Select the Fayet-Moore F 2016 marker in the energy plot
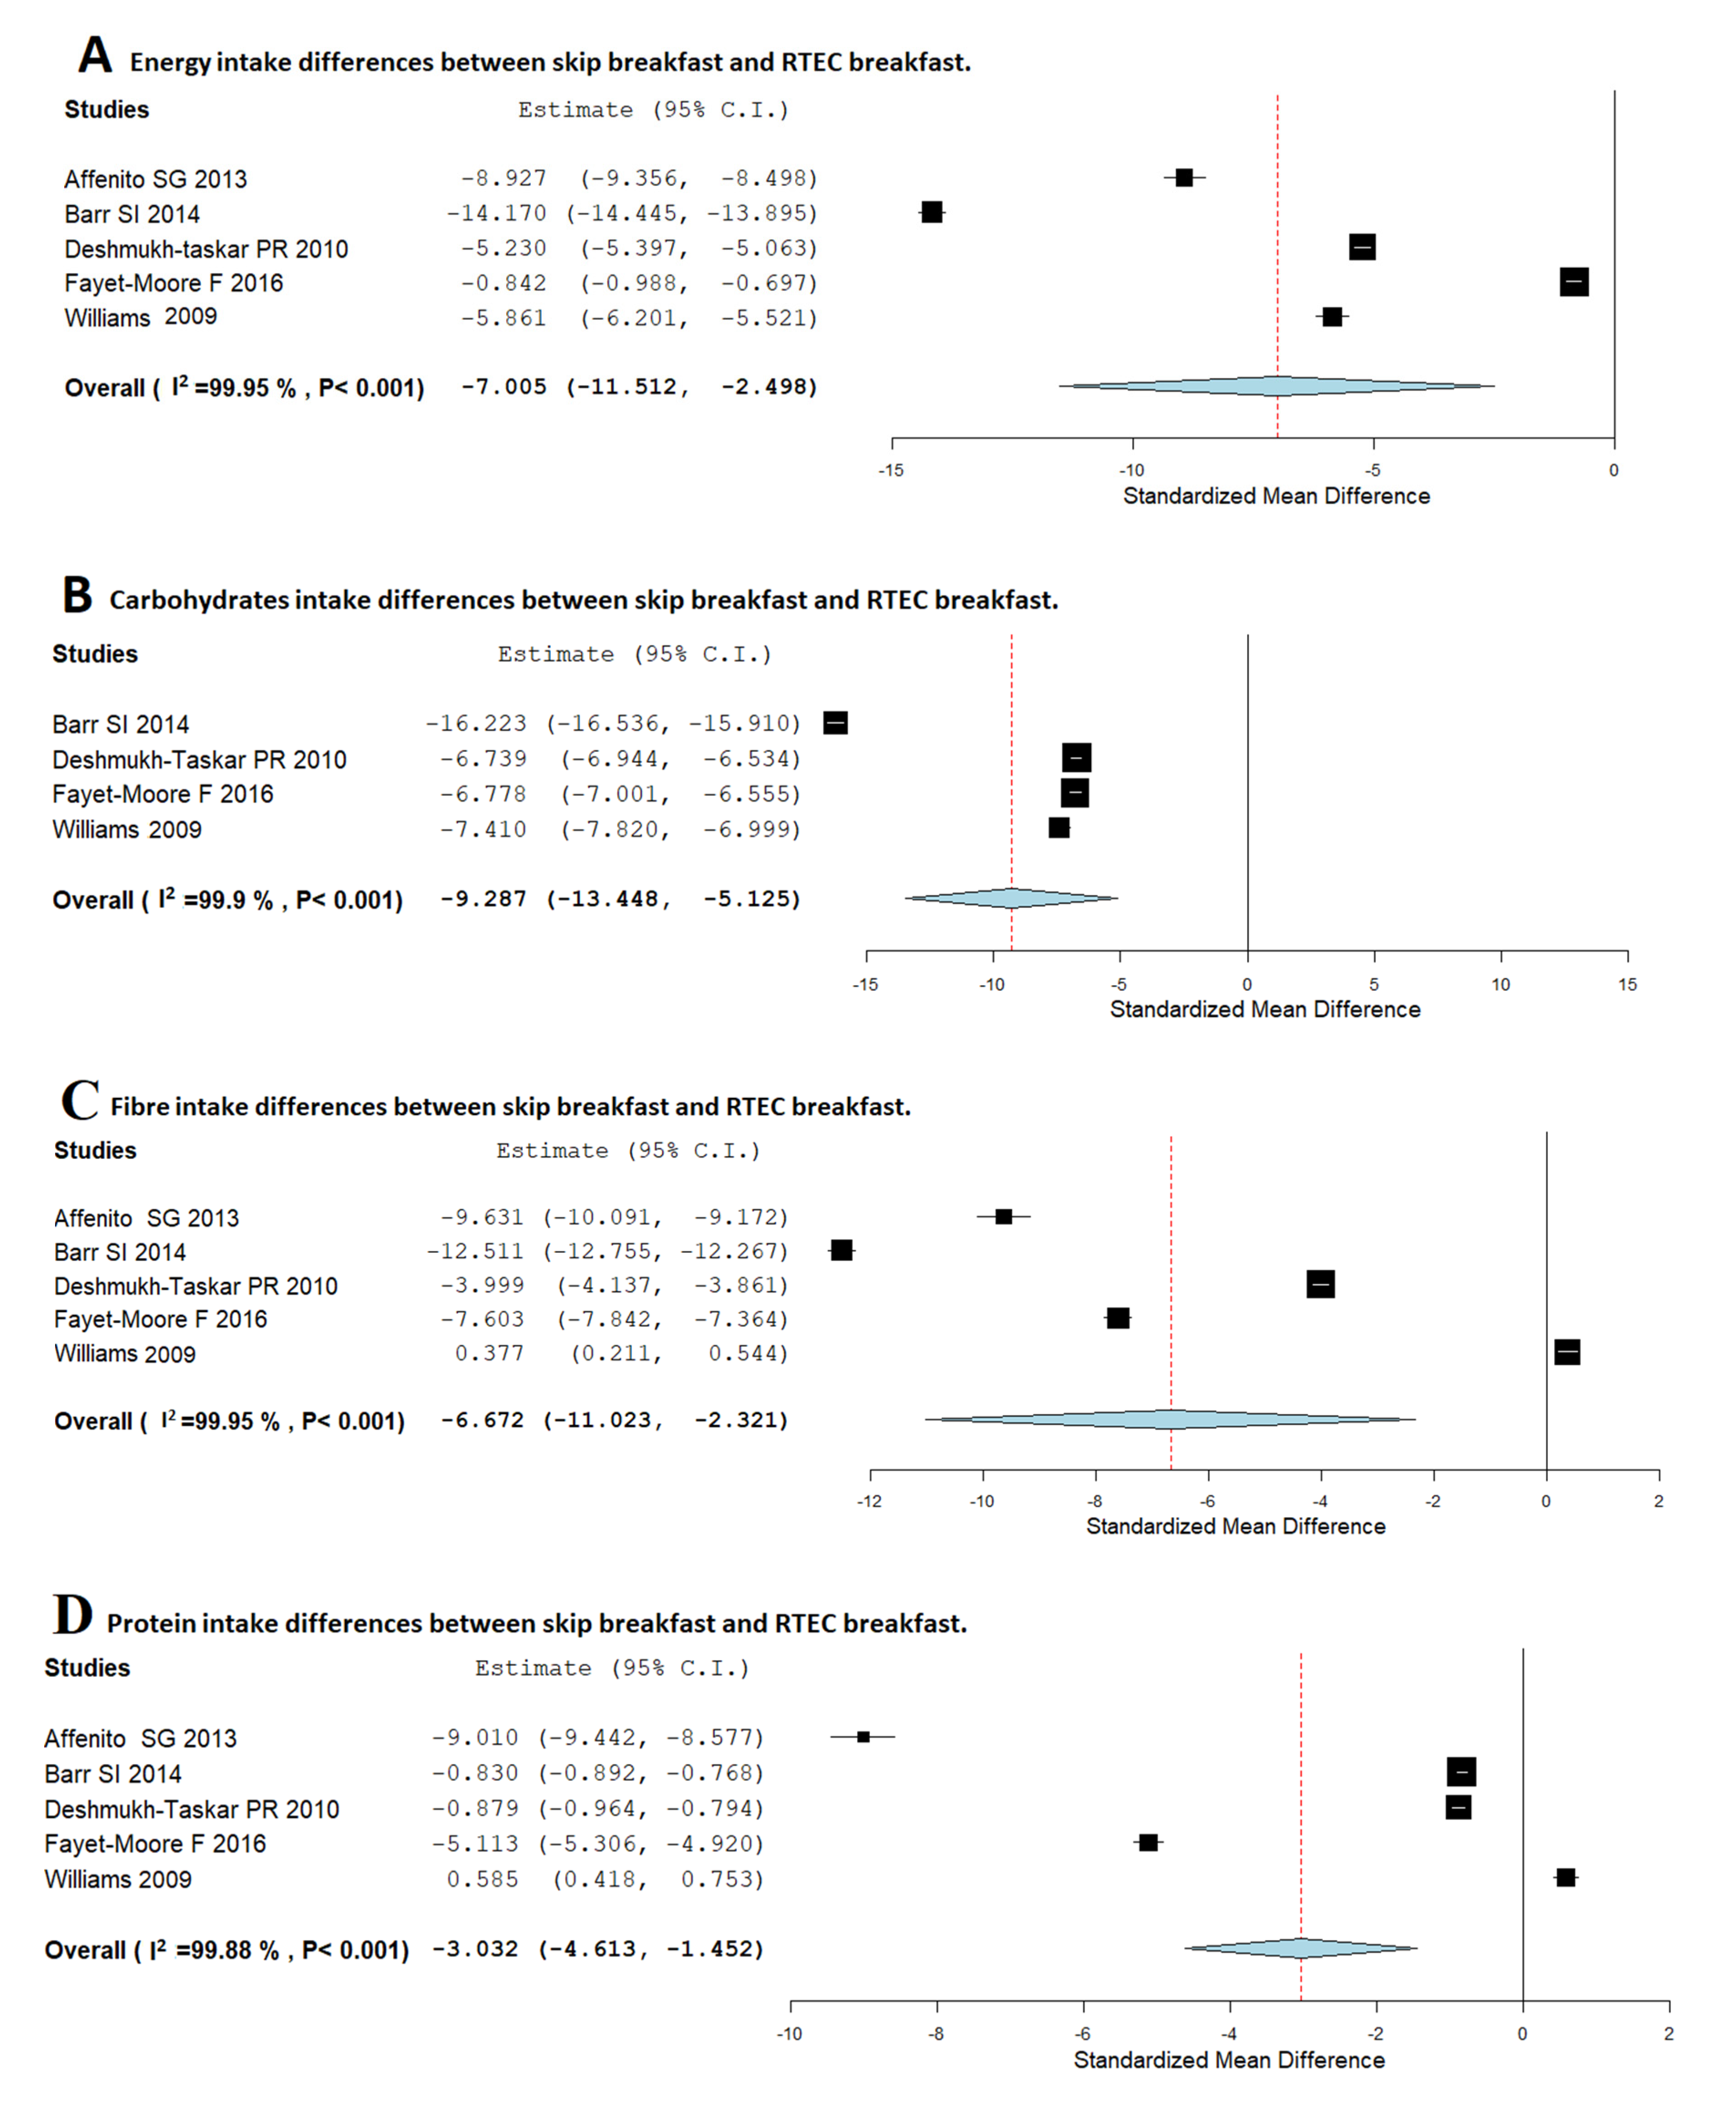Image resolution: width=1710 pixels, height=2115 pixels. [x=1573, y=282]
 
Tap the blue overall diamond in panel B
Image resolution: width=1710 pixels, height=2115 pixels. [x=1012, y=897]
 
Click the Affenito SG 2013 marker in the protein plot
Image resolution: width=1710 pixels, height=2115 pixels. [x=863, y=1737]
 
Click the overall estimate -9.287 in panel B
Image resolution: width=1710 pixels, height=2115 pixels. [x=483, y=898]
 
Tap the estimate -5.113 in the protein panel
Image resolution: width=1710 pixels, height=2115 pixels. [x=475, y=1843]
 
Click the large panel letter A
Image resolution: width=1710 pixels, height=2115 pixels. [x=95, y=55]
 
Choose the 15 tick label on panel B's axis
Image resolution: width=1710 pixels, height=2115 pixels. [x=1627, y=984]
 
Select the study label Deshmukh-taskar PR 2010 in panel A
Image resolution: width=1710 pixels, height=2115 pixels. [x=206, y=248]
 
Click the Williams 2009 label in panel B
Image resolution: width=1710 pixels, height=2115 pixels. [x=127, y=829]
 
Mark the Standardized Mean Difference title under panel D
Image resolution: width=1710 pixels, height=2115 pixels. [x=1228, y=2060]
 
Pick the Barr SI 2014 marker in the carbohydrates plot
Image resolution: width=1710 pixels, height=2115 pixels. [x=835, y=723]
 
